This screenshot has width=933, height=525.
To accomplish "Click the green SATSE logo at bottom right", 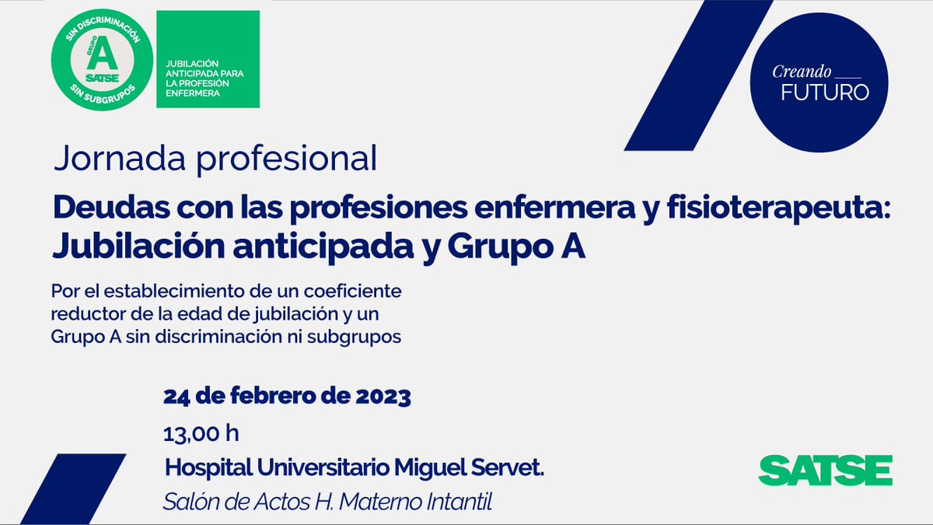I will point(825,471).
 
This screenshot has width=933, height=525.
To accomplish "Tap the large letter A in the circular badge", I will point(103,56).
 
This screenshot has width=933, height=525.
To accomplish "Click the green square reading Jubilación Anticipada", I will point(208,59).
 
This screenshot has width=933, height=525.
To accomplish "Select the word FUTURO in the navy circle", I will point(824,92).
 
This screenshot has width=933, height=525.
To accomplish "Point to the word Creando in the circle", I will point(801,71).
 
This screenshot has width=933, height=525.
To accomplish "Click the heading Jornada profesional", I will point(215,158).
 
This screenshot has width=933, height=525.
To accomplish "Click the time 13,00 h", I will point(201,432).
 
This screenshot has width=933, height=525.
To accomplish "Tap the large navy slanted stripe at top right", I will point(697,76).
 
